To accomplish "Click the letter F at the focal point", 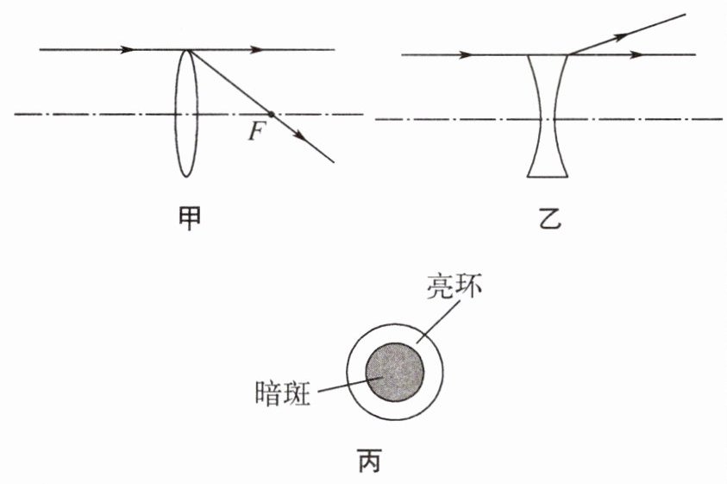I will pyautogui.click(x=254, y=132).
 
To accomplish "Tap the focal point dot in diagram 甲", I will pyautogui.click(x=272, y=114).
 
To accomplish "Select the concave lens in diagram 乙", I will pyautogui.click(x=547, y=117).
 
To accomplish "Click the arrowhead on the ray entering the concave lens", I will pyautogui.click(x=466, y=55).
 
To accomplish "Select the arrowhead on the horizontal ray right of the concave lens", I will pyautogui.click(x=638, y=55).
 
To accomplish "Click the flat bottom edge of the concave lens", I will pyautogui.click(x=547, y=177).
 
